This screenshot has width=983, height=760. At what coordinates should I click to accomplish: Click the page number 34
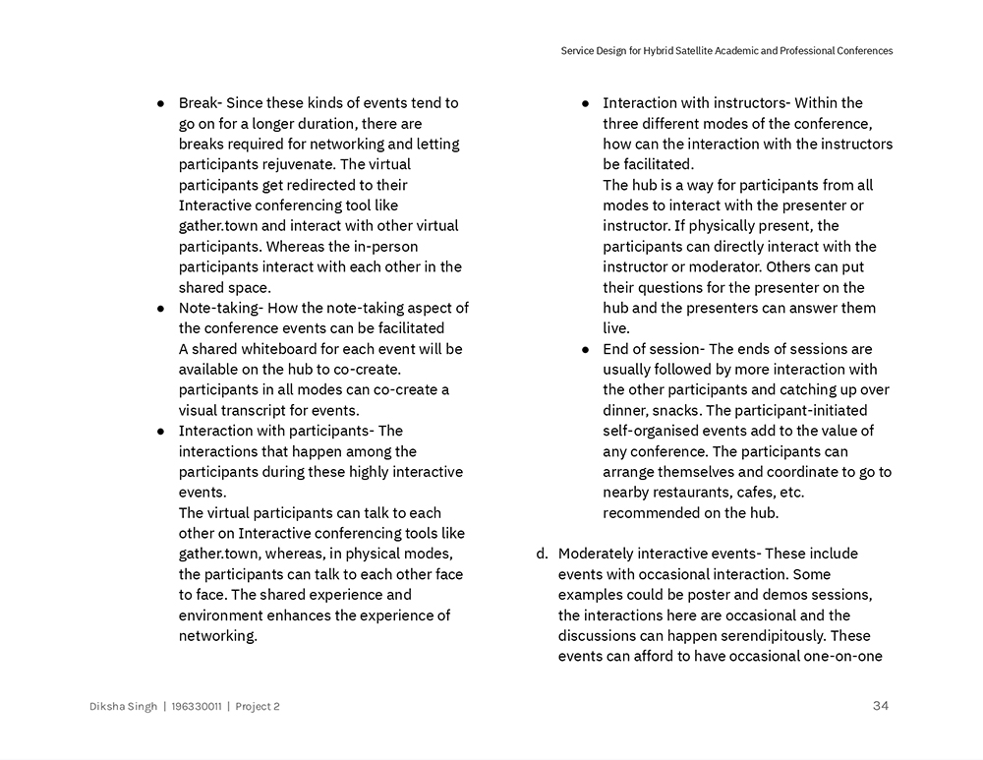click(880, 705)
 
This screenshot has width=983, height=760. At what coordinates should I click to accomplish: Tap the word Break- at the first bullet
click(202, 103)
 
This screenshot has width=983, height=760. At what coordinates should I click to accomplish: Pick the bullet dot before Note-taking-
click(160, 309)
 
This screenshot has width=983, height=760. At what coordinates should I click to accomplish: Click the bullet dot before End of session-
click(585, 349)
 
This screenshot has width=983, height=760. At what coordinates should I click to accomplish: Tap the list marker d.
click(542, 555)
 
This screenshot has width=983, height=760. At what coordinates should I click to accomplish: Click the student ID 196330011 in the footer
click(196, 706)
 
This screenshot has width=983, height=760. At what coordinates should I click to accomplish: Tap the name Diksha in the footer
click(109, 706)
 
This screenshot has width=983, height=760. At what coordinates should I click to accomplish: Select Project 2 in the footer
click(258, 706)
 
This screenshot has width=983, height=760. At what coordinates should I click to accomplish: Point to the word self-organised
click(650, 431)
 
